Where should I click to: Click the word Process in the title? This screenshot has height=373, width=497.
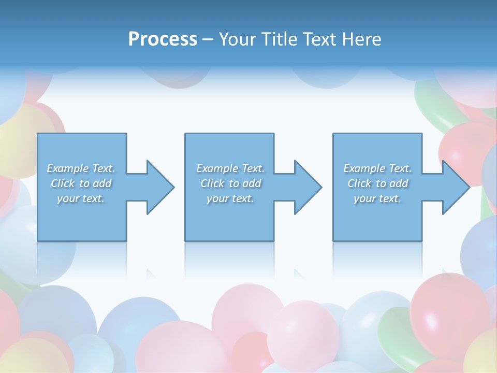coord(163,39)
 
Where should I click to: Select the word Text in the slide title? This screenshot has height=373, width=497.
coord(320,39)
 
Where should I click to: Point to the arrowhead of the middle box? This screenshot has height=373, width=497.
coord(307,187)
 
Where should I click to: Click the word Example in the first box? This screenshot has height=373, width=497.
coord(68,168)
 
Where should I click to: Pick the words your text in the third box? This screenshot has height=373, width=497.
coord(377,198)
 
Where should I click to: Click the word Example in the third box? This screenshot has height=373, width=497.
coord(364,168)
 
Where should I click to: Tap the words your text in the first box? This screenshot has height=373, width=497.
coord(81,198)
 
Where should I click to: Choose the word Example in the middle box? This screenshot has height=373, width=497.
coord(217,168)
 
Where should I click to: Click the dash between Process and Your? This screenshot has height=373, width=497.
coord(208,39)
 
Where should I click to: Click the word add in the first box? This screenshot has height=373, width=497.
coord(102,183)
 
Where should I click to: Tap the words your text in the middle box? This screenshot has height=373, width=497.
coord(230,198)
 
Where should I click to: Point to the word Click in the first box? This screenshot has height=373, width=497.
coord(62,183)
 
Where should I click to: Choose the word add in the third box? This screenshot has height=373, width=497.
coord(399,183)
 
